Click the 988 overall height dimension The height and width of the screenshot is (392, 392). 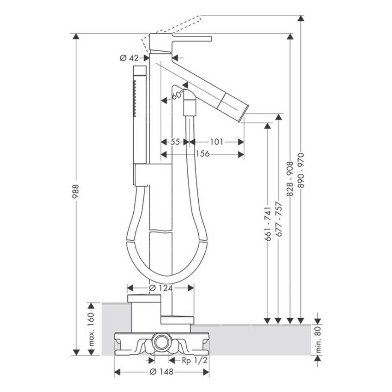(75, 191)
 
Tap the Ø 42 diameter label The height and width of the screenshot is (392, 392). (129, 58)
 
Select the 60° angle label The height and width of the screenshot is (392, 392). (177, 95)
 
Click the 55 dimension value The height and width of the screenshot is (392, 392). (175, 142)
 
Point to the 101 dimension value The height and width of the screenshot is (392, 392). (216, 142)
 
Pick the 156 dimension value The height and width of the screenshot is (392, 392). (202, 154)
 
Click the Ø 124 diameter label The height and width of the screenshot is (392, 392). (161, 288)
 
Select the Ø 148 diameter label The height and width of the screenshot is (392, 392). (161, 372)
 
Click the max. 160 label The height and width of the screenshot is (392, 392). (91, 329)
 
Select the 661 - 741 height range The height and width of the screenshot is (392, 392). (268, 224)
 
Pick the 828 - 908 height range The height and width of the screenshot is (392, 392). (290, 179)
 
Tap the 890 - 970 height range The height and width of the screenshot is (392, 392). (301, 171)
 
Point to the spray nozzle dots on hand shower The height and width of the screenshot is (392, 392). (135, 99)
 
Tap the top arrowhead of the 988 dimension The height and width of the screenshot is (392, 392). (76, 36)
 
